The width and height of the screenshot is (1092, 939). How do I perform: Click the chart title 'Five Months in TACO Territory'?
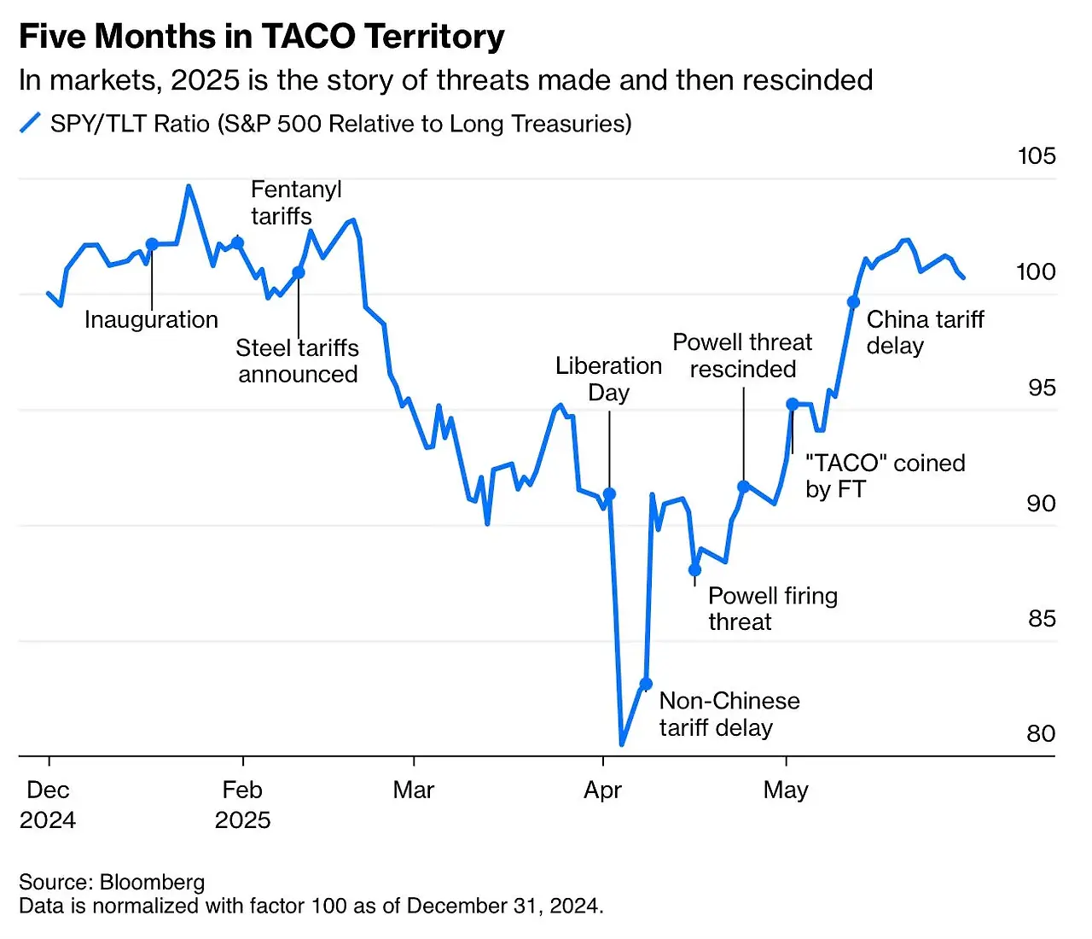coord(261,37)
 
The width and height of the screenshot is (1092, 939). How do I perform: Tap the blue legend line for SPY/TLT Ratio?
coord(30,123)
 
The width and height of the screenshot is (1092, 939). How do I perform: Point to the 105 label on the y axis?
coord(1037,155)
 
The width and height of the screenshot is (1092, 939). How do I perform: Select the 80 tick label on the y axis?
coord(1041,733)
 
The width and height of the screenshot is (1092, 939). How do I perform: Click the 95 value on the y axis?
coord(1042,388)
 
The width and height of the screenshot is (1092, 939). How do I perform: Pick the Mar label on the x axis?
coord(414,790)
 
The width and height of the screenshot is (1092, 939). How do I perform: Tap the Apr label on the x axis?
coord(602,790)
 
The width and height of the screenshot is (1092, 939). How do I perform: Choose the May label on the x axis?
coord(786,790)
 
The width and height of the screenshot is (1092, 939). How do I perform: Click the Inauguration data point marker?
coord(152,244)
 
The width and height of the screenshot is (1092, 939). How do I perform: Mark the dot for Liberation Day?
coord(609,494)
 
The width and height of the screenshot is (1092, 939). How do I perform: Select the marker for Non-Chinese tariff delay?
coord(646,684)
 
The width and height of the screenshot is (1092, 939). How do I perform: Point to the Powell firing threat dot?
coord(694,569)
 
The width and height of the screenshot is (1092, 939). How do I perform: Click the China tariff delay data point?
coord(853,302)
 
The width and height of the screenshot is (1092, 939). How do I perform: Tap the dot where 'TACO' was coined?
coord(793,404)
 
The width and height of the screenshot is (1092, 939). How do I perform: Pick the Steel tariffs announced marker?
coord(299,272)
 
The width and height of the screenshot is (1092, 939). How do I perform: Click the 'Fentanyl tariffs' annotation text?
coord(295,202)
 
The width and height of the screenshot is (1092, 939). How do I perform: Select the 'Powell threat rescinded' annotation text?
coord(742,355)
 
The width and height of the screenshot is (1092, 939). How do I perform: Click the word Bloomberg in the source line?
coord(152,882)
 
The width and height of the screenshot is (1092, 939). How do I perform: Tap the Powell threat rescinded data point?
coord(743,487)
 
